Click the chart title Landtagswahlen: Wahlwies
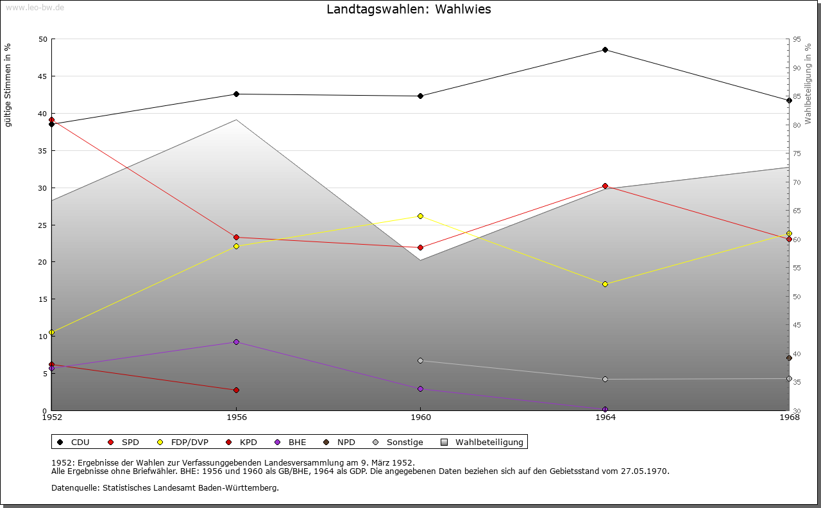(409, 9)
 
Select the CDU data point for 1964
(605, 50)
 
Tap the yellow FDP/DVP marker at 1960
(420, 216)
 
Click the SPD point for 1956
(236, 238)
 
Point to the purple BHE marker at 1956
(236, 342)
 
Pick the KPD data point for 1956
(236, 390)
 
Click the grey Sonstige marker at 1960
(420, 360)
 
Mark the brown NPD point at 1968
(789, 358)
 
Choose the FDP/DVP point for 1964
(605, 284)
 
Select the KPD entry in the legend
(248, 442)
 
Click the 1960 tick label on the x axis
(420, 417)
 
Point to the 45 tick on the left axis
(43, 76)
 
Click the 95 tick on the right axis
(797, 39)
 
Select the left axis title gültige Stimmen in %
(8, 85)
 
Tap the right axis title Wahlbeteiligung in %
(808, 83)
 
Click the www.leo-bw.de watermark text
(34, 7)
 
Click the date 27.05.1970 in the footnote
(645, 471)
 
